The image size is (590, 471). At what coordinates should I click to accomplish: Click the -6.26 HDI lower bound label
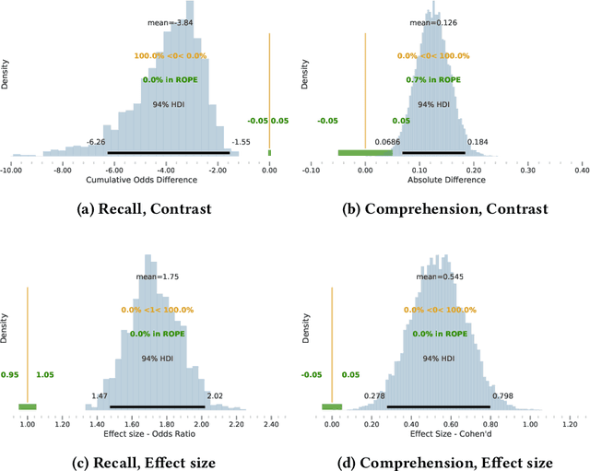pyautogui.click(x=96, y=141)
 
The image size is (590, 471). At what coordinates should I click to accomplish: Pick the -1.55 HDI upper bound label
pyautogui.click(x=241, y=141)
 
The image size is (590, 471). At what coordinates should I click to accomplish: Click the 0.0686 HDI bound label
pyautogui.click(x=387, y=141)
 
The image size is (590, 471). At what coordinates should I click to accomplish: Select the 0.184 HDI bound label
pyautogui.click(x=477, y=141)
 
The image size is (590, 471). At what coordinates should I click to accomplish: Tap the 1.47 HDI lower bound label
pyautogui.click(x=100, y=395)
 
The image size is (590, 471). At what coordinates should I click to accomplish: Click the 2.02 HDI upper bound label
pyautogui.click(x=215, y=395)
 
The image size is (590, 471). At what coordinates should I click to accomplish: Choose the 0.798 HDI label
pyautogui.click(x=501, y=395)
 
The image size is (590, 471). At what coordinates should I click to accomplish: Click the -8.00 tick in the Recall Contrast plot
pyautogui.click(x=62, y=169)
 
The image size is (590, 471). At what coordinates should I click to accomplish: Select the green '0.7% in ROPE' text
pyautogui.click(x=432, y=79)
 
